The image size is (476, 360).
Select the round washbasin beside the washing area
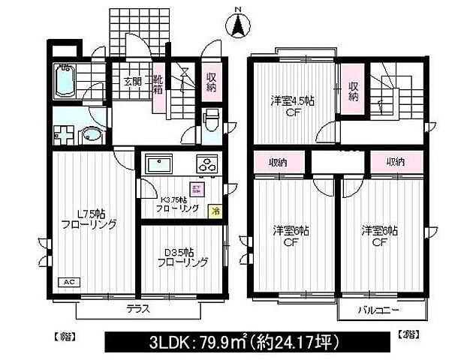tap(90, 136)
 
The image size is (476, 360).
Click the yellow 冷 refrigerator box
tap(215, 211)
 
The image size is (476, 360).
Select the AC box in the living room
tap(68, 283)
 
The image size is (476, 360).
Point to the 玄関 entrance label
tap(133, 81)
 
